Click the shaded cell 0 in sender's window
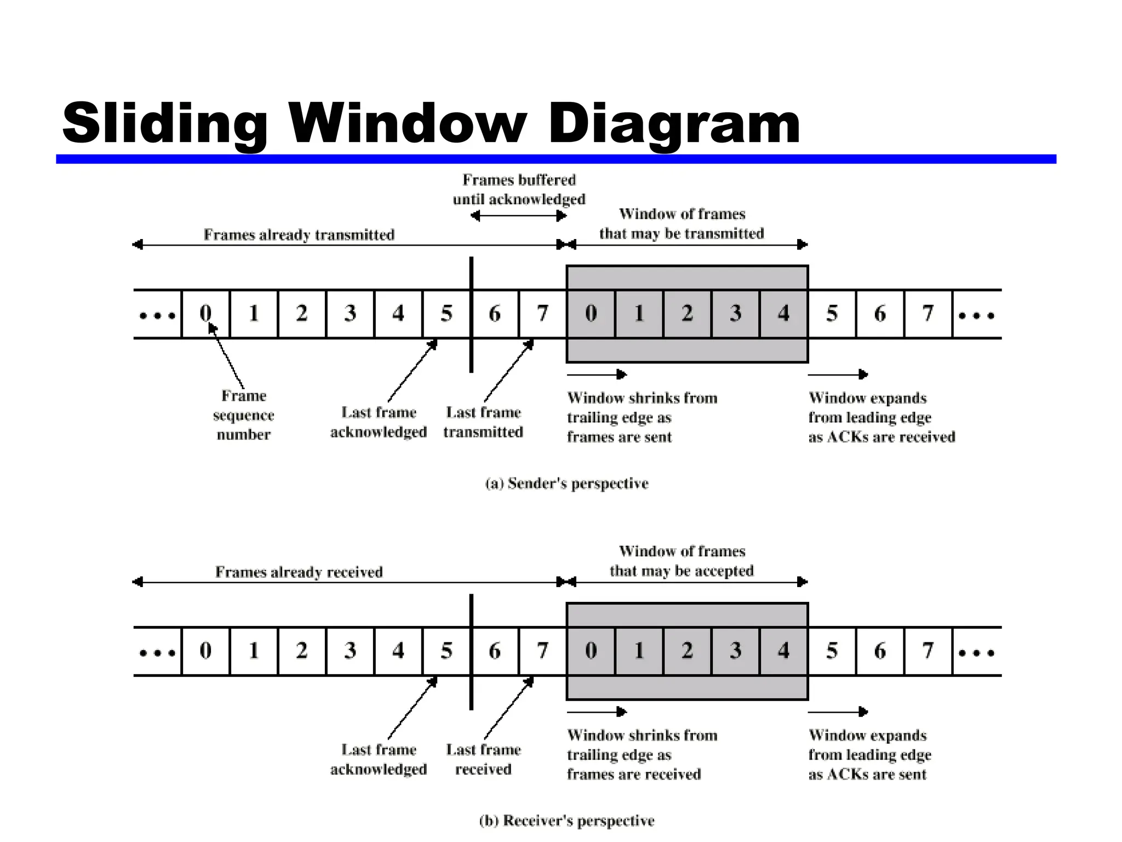pos(591,314)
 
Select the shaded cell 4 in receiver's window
pos(783,651)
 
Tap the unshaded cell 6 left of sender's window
pos(494,314)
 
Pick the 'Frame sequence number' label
pos(243,415)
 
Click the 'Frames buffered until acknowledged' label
pos(519,190)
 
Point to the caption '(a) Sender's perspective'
pos(566,483)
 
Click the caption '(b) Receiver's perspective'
pos(566,821)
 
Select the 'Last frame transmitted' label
pos(483,422)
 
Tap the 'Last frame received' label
pos(483,759)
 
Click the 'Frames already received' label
pos(299,572)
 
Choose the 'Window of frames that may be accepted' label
pos(682,561)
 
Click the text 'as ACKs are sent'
pos(867,775)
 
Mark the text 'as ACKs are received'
pos(881,437)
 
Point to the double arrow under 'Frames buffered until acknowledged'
pos(518,216)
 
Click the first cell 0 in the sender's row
pos(205,314)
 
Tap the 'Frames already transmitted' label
pos(299,235)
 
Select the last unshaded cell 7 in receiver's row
pos(928,651)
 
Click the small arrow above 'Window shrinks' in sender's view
pos(597,374)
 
